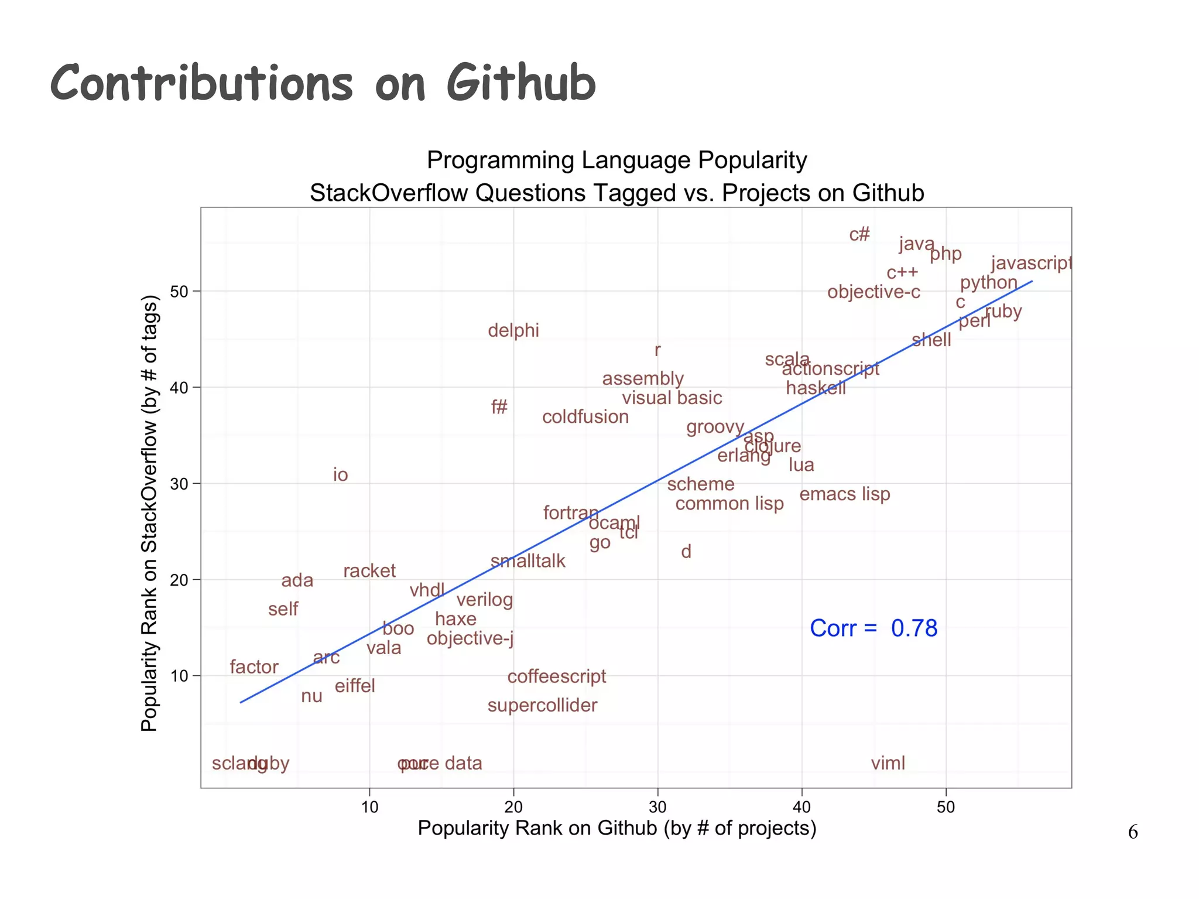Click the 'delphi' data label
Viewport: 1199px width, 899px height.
pos(513,330)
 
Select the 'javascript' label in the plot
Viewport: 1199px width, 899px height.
pos(1031,264)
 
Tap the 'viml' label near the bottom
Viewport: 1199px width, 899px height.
pos(888,763)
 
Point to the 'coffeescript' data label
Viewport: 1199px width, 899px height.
pos(556,676)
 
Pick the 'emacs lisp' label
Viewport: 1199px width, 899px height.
pos(844,494)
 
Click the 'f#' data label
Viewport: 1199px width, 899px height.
pos(499,407)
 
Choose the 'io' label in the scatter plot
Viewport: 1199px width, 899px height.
pos(340,474)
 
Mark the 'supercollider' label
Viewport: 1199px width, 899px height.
pos(542,705)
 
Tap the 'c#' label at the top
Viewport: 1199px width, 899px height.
pos(859,235)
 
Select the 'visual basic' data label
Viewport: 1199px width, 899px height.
pos(672,398)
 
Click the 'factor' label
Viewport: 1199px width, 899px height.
pos(253,667)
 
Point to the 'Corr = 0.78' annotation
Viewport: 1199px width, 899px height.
pos(873,628)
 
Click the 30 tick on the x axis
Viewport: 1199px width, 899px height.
pos(657,807)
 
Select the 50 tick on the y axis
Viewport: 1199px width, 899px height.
pos(179,291)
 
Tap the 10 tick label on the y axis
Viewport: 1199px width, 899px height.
pos(179,676)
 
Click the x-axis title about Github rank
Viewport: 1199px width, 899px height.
pos(616,828)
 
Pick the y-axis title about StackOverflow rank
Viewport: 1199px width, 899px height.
pos(150,513)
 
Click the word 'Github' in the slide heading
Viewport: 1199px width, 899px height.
pos(520,84)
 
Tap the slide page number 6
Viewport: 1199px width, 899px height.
pos(1133,832)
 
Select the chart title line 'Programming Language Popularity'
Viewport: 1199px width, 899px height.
pos(616,160)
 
